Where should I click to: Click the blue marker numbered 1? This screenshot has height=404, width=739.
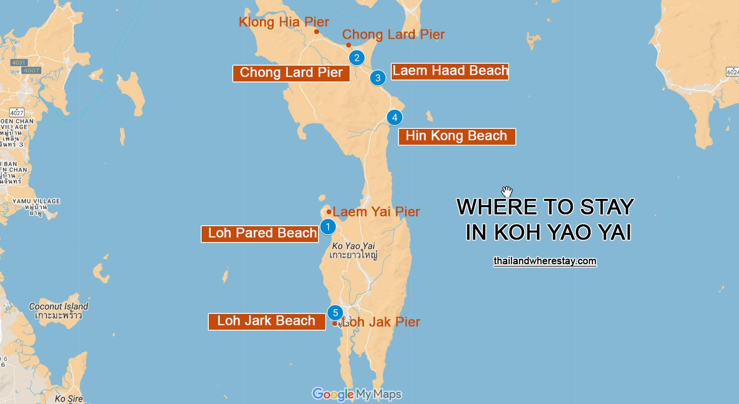click(328, 227)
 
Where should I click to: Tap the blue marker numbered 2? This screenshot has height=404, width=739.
click(357, 58)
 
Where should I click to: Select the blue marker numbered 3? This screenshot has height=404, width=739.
click(378, 78)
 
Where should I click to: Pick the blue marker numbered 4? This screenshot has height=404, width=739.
click(395, 117)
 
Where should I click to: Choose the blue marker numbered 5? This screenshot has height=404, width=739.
click(335, 313)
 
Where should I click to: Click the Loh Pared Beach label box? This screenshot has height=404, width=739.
click(260, 233)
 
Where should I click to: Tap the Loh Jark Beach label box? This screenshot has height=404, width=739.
click(267, 321)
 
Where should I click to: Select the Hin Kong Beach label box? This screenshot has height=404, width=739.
click(456, 136)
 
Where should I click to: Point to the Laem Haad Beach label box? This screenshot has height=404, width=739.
click(450, 71)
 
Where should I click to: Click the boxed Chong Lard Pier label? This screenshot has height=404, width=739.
click(291, 73)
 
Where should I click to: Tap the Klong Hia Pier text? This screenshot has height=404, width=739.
click(284, 22)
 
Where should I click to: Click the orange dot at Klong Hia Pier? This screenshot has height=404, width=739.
click(317, 32)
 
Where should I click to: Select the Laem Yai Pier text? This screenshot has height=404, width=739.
click(376, 212)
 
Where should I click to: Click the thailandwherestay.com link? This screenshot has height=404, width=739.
click(545, 261)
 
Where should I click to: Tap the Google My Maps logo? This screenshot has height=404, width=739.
click(357, 394)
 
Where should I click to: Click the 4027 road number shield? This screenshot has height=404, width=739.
click(17, 113)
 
